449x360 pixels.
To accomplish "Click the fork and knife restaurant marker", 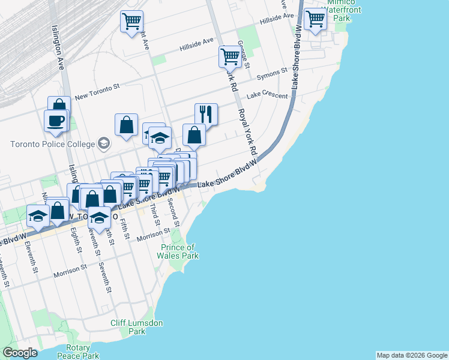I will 206,113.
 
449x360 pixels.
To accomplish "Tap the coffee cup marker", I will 55,120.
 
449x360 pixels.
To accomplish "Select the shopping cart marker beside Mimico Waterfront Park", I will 315,20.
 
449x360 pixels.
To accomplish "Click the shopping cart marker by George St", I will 230,57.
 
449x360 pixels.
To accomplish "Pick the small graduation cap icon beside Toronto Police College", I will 104,143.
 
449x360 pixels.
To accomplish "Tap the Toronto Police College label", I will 53,144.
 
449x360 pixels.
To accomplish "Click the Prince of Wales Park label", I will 179,251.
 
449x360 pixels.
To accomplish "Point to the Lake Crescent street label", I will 267,95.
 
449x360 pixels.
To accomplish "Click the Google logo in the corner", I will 20,353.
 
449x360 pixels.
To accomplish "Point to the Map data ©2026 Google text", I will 412,355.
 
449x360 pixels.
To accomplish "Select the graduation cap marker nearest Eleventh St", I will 38,216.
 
